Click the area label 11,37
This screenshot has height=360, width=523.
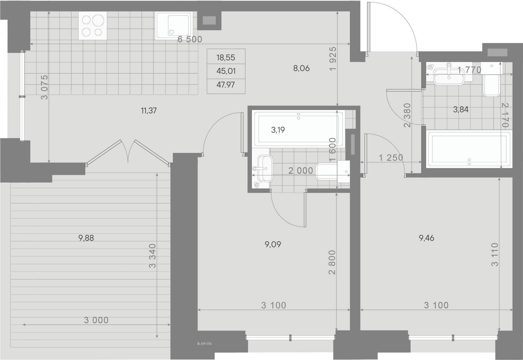point(149,111)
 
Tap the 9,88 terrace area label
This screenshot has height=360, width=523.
point(86,238)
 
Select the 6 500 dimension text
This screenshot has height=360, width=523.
point(190,39)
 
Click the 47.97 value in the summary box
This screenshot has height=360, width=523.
point(226,85)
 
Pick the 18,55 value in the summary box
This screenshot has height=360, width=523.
point(226,58)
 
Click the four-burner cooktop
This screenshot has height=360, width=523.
point(93,26)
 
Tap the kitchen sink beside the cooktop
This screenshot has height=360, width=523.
point(174,26)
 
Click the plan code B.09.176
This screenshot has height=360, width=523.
point(204,343)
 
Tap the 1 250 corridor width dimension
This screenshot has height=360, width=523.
point(391,158)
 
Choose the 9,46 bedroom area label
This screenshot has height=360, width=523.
point(426,238)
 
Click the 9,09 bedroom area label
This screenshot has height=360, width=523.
point(273,244)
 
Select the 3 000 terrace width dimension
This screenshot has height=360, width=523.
point(96,320)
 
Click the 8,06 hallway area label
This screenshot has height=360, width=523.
point(301,68)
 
